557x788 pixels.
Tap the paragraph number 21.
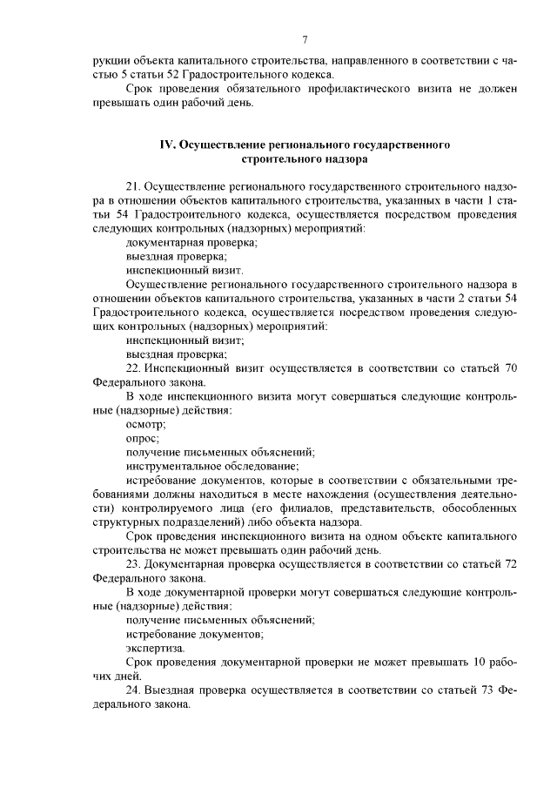(x=133, y=187)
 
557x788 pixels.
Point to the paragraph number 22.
(x=133, y=368)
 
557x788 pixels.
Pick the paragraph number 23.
(x=133, y=564)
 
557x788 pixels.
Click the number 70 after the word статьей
(x=511, y=368)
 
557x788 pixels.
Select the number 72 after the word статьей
(x=511, y=564)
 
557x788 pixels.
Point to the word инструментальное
(x=175, y=466)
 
